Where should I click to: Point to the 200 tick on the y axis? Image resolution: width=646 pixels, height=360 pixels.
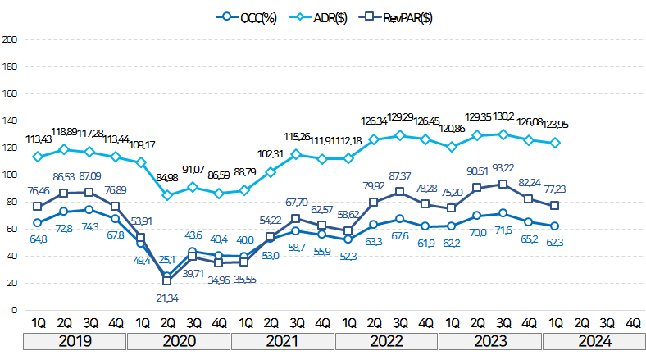[x=11, y=39]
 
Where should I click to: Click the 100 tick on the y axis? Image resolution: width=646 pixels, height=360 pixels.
[x=11, y=175]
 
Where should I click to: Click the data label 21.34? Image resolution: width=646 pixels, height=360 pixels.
[x=166, y=295]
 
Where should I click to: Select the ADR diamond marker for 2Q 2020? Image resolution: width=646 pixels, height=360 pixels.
[x=166, y=195]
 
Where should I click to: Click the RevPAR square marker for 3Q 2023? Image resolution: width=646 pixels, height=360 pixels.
[x=503, y=184]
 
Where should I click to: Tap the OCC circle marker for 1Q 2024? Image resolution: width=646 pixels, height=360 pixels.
[x=555, y=226]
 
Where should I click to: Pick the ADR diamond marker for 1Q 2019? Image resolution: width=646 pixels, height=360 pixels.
[x=37, y=157]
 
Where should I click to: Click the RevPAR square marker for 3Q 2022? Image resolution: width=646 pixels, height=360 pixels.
[x=400, y=192]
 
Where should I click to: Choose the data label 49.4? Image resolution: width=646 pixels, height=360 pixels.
[x=141, y=260]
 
